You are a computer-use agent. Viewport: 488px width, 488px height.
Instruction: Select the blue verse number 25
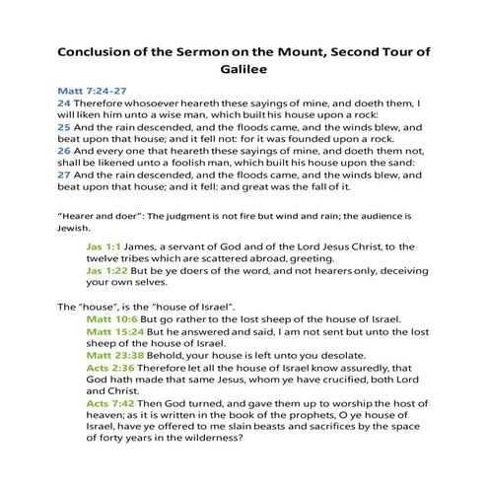click(x=63, y=140)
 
